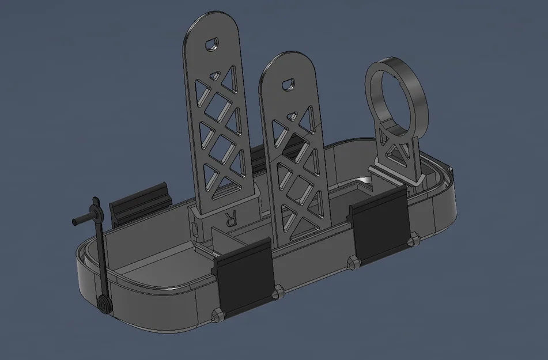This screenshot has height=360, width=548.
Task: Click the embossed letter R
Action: (x=231, y=219)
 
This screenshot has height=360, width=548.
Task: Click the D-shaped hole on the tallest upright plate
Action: (x=212, y=44)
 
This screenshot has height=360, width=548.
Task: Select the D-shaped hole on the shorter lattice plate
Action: (x=288, y=84)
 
